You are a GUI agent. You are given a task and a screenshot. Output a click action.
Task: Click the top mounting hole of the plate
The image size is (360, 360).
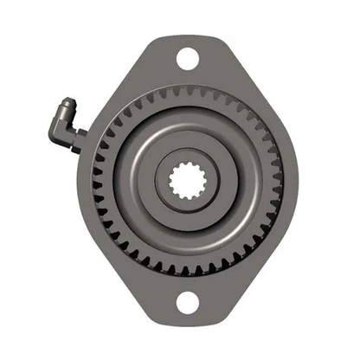pyautogui.click(x=187, y=59)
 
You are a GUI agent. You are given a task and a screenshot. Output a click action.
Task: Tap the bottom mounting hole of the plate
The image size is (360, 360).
pyautogui.click(x=187, y=304)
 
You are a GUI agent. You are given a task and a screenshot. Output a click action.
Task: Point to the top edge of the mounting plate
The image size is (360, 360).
pyautogui.click(x=187, y=36)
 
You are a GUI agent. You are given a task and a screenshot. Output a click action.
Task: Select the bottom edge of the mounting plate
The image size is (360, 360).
pyautogui.click(x=187, y=326)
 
